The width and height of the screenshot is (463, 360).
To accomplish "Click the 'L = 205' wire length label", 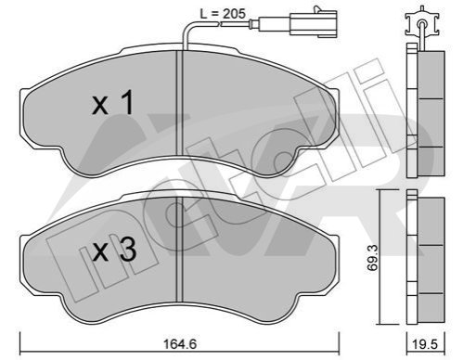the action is tap(223, 13).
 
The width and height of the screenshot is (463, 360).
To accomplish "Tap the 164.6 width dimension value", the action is tap(180, 344).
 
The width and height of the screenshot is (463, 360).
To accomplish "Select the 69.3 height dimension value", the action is tap(373, 258).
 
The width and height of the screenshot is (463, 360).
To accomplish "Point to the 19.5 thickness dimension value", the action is tap(425, 344).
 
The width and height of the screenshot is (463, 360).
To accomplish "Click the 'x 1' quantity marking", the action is tap(113, 102).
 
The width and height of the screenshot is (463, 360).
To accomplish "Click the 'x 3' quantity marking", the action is tap(114, 250).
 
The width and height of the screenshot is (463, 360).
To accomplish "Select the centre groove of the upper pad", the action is tap(180, 103).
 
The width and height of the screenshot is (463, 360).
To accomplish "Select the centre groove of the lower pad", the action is tap(180, 250).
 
